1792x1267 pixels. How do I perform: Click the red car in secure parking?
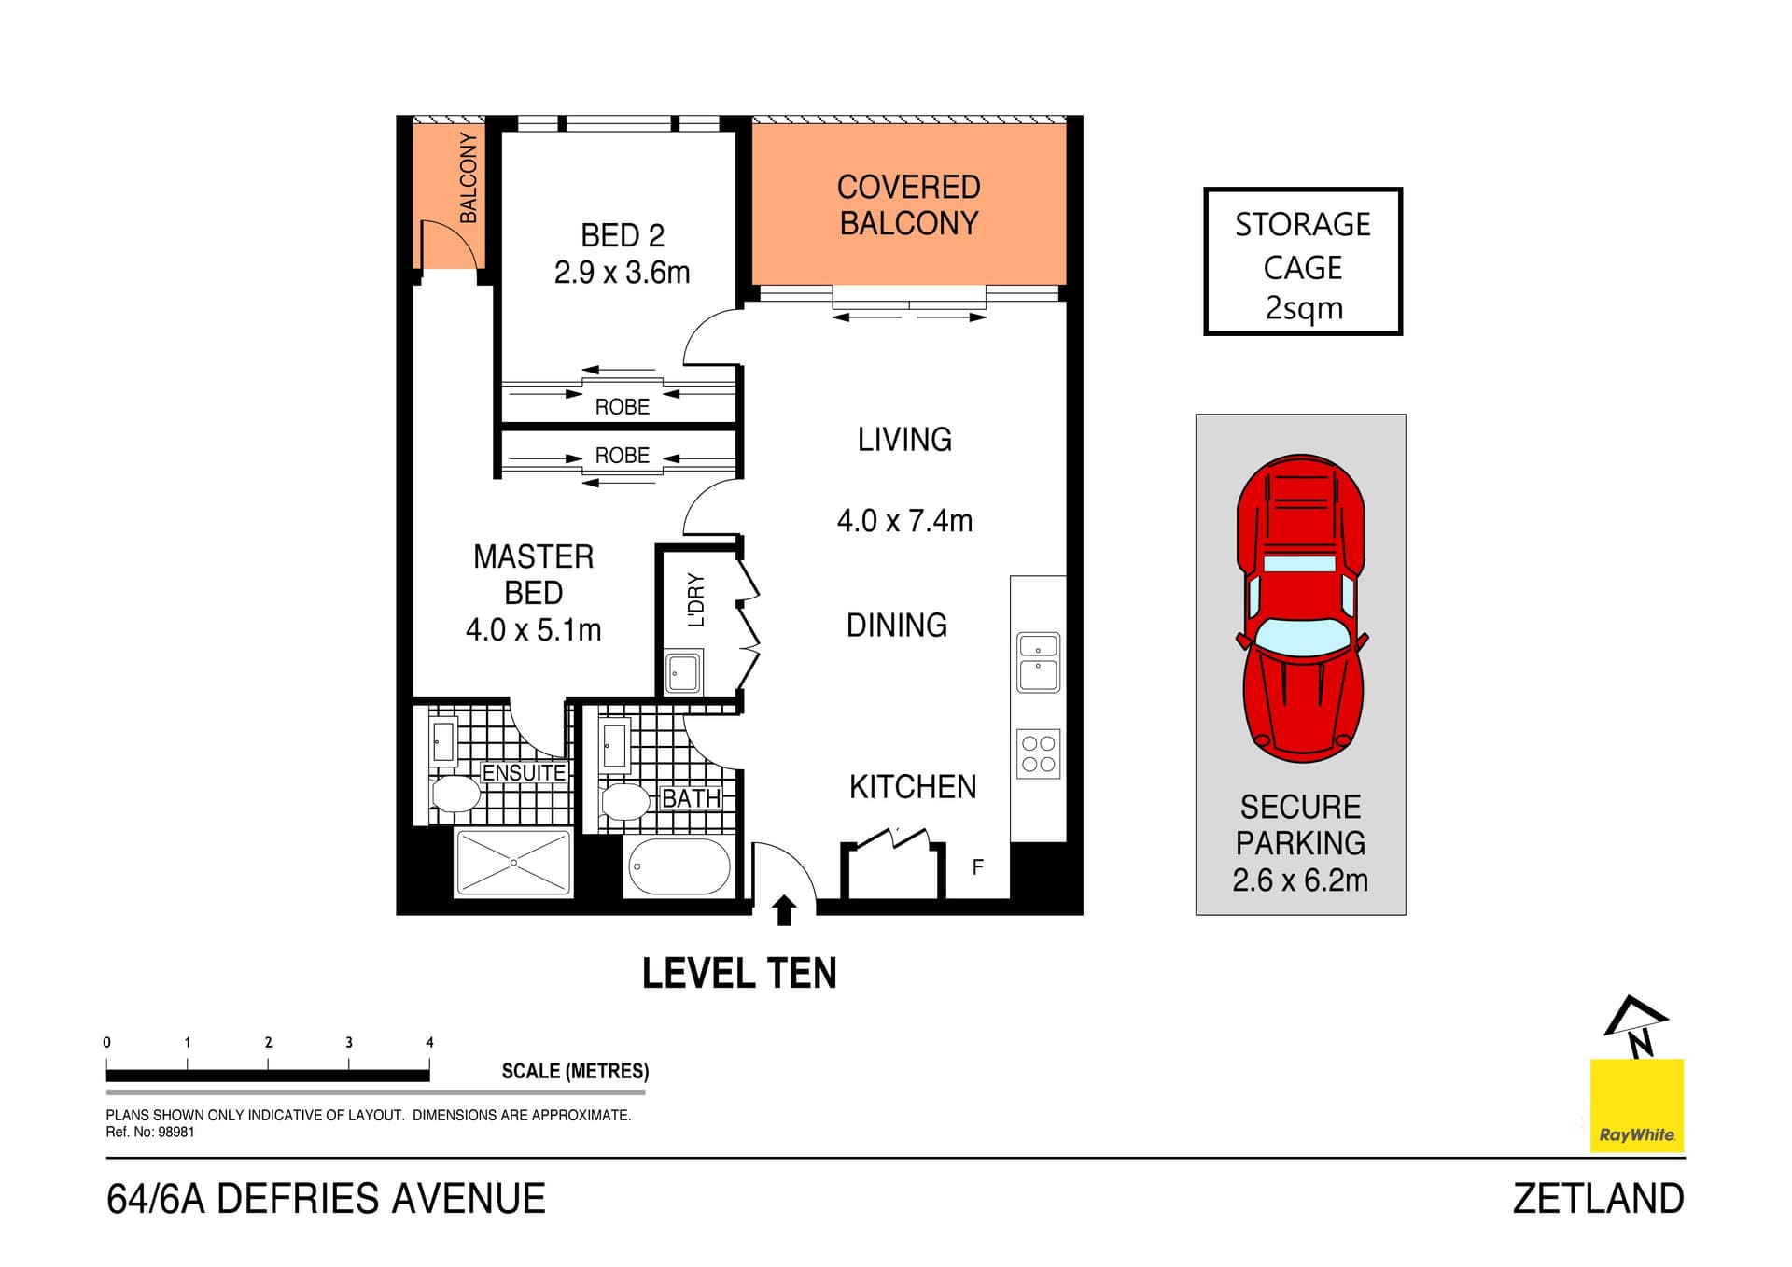pos(1301,608)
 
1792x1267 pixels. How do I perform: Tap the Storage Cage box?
pos(1303,262)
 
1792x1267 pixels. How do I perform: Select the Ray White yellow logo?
pos(1636,1105)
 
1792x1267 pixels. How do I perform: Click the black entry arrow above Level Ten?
pos(784,910)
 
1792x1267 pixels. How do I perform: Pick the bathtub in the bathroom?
pos(679,866)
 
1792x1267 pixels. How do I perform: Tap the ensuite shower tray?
pos(513,863)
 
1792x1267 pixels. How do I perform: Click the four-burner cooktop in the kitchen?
pos(1038,754)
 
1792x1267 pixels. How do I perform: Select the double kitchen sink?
pos(1038,662)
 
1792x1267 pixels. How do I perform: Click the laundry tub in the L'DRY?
pos(683,672)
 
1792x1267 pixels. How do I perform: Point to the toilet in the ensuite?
pos(455,795)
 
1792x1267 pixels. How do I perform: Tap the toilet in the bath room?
pos(624,801)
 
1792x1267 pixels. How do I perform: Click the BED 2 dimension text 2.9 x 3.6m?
pos(622,273)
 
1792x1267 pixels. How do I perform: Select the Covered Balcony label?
pos(908,205)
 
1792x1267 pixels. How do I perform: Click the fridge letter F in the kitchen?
pos(977,867)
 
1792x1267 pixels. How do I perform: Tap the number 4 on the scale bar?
pos(429,1042)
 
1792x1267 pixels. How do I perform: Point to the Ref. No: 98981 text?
pos(150,1132)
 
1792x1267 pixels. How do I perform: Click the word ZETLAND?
pos(1598,1199)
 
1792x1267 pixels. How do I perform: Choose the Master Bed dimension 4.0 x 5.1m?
pos(533,630)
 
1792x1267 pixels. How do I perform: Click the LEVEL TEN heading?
pos(739,973)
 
